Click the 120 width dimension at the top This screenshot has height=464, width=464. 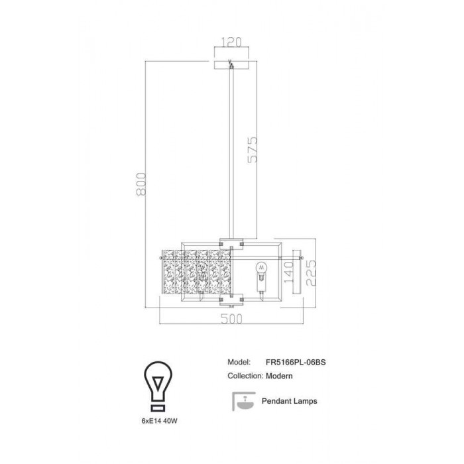coord(231,42)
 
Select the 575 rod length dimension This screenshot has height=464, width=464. coord(253,149)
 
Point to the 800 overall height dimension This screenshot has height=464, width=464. coord(141,184)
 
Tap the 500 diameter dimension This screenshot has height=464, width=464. coord(232,319)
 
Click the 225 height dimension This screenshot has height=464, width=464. coord(311,273)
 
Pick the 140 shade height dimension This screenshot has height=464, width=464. coord(288,272)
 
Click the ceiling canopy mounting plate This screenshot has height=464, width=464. coord(231,65)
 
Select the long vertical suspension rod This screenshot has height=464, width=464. coord(231,153)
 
